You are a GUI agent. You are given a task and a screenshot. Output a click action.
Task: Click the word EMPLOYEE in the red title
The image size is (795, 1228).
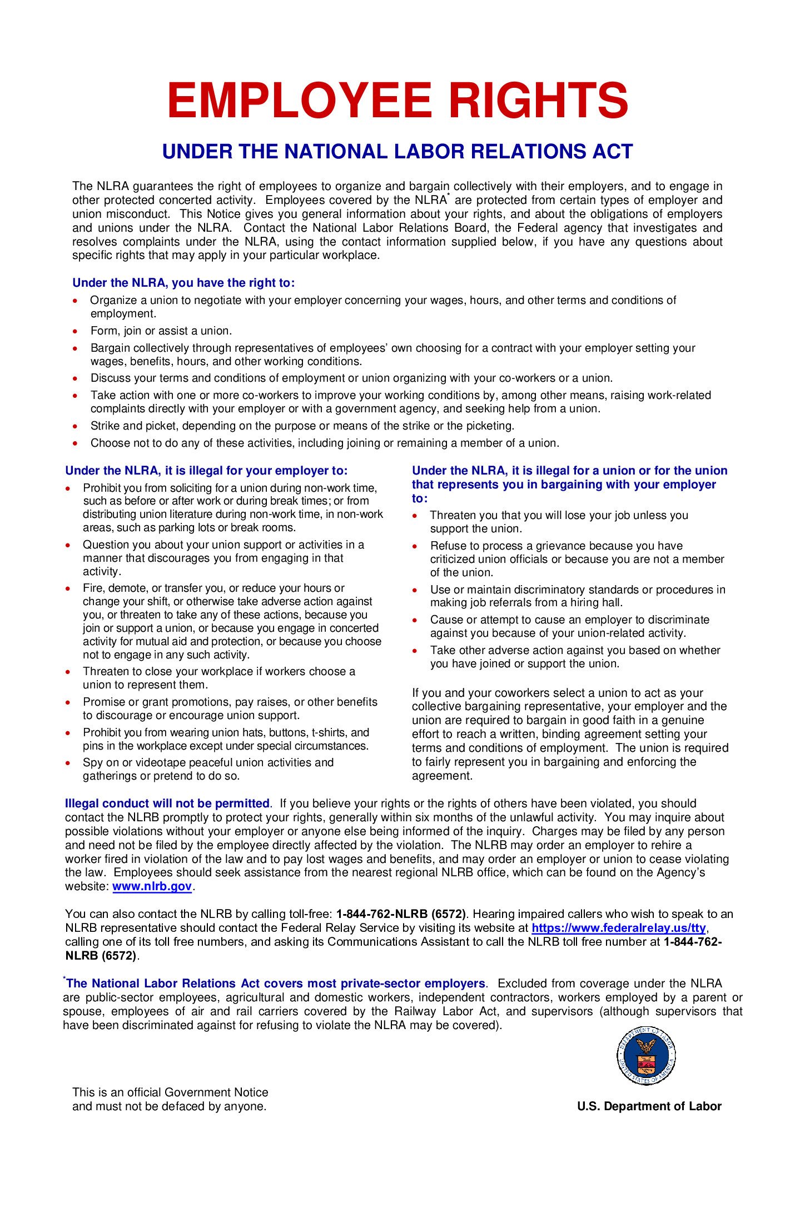[x=299, y=101]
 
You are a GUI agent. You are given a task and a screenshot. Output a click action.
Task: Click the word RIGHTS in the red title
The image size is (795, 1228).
[x=538, y=101]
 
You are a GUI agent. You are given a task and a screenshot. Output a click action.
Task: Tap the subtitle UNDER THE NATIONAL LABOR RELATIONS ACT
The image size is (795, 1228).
[x=397, y=152]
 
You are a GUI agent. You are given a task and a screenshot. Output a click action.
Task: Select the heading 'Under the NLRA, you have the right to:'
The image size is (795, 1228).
[x=183, y=283]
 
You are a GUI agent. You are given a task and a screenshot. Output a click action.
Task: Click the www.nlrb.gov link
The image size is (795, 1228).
[x=152, y=886]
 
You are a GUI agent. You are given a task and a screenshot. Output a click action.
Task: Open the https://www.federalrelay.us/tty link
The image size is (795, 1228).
[x=618, y=928]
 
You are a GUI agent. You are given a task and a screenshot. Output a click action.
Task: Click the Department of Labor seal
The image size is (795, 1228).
[x=645, y=1056]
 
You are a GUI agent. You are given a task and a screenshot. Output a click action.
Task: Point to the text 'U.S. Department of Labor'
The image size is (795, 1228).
[x=649, y=1106]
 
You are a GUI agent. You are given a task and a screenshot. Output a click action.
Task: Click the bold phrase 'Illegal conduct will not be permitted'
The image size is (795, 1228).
[x=167, y=803]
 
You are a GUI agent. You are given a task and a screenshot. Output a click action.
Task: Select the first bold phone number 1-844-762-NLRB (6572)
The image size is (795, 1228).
[x=401, y=914]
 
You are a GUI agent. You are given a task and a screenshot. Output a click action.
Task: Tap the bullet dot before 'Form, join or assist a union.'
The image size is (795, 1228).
[x=76, y=331]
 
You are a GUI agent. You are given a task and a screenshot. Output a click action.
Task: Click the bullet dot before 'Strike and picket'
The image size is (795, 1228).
[x=76, y=426]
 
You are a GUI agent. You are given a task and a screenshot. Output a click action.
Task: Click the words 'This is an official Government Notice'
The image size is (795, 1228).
[x=170, y=1092]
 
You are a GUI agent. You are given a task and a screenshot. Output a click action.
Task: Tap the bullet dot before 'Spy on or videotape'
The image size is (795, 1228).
[x=68, y=763]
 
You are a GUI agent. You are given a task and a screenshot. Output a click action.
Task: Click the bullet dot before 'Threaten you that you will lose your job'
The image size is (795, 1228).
[x=415, y=516]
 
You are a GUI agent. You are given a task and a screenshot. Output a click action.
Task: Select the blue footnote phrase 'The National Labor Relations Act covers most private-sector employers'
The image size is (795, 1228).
[x=276, y=984]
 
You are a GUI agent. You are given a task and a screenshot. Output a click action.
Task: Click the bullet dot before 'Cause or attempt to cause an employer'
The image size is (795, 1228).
[x=415, y=620]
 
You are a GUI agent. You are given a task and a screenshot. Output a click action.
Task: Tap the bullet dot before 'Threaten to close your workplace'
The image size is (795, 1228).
[x=68, y=672]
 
